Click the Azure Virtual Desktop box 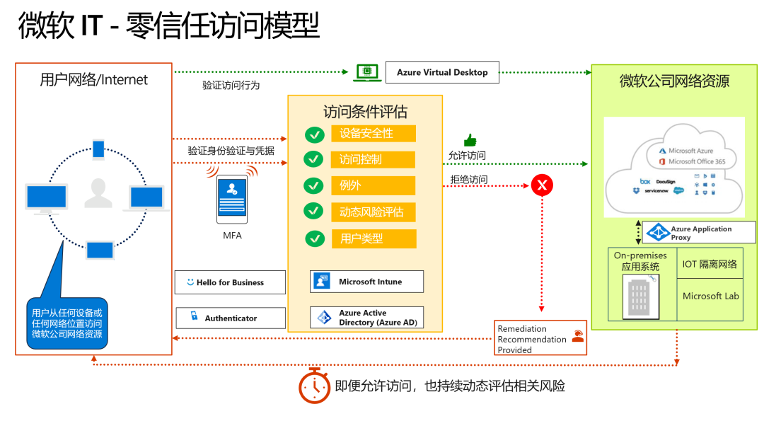click(442, 72)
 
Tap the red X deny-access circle click(543, 185)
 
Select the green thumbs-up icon click(470, 140)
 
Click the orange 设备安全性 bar click(374, 134)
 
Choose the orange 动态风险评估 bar click(373, 212)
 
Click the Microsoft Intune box click(366, 282)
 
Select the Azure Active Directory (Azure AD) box click(366, 318)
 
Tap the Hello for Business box click(230, 282)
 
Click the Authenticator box click(230, 318)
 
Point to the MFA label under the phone click(232, 236)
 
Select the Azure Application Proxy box click(699, 233)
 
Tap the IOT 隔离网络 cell click(710, 264)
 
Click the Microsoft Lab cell click(710, 296)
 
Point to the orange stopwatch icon click(314, 386)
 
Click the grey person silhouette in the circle click(98, 193)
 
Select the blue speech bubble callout click(67, 323)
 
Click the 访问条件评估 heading click(365, 112)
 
